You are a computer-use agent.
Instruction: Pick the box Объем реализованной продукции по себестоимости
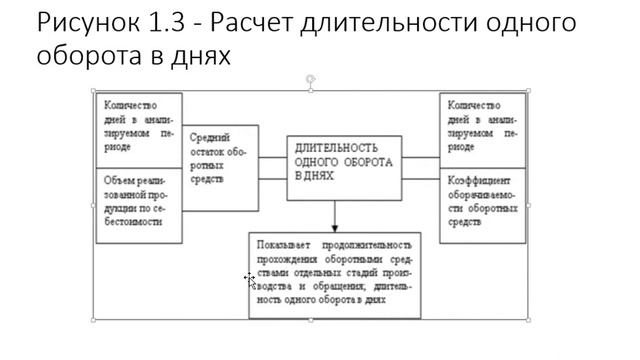click(x=139, y=204)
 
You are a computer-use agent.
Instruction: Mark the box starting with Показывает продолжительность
click(x=333, y=273)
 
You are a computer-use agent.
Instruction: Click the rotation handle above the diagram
click(x=311, y=78)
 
